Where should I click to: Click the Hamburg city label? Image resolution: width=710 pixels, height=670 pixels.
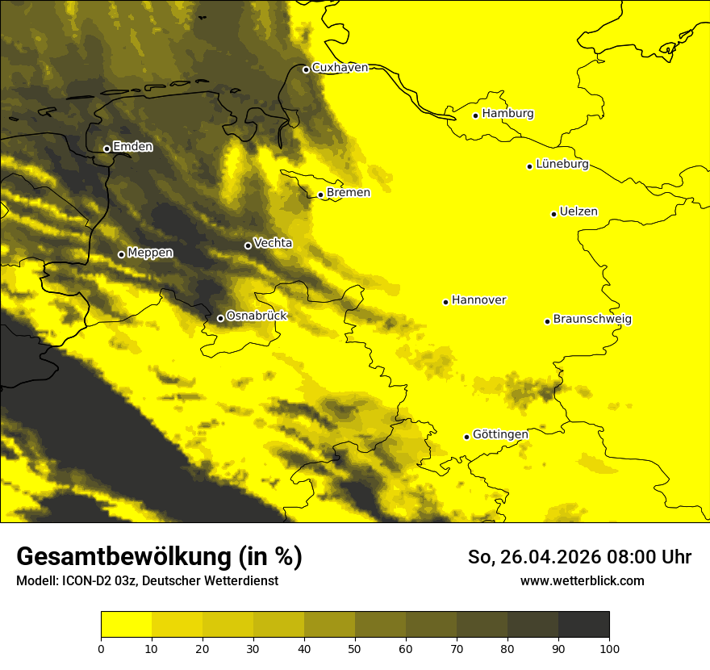[x=508, y=114]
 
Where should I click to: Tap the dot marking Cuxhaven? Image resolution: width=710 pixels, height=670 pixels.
[x=306, y=69]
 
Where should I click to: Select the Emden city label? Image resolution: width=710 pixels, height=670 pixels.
[x=132, y=147]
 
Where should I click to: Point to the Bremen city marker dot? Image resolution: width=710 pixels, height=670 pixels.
[x=320, y=195]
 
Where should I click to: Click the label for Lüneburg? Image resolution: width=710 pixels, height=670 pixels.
[x=562, y=165]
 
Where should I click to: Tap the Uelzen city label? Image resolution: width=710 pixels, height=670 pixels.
[x=578, y=212]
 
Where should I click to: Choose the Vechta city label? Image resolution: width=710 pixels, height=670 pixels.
[x=273, y=243]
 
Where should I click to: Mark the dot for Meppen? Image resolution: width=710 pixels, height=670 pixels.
[x=121, y=254]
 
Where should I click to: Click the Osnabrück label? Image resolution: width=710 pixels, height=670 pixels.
[x=257, y=316]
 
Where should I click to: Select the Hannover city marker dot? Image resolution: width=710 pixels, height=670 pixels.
[x=445, y=302]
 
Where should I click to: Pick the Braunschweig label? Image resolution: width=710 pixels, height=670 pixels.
[x=592, y=320]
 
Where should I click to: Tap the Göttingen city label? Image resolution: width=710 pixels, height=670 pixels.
[x=500, y=435]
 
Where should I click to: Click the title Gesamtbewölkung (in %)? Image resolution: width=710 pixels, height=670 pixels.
[x=159, y=557]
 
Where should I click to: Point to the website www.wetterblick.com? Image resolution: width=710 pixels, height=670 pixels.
[x=582, y=581]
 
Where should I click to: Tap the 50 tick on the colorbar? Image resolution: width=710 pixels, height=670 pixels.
[x=355, y=648]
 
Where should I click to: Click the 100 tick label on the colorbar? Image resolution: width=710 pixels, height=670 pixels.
[x=609, y=648]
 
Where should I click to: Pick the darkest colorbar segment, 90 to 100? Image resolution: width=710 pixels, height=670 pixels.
[x=583, y=625]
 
